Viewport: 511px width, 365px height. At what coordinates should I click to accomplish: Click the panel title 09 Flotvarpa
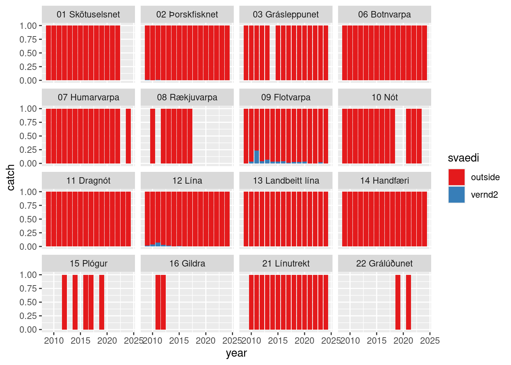[x=286, y=97]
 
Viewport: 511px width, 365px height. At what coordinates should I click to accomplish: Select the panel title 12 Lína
[x=187, y=181]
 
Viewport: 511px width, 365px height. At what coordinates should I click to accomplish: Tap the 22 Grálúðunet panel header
[x=384, y=263]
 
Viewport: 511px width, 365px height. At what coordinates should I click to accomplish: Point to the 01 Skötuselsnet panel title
[x=88, y=14]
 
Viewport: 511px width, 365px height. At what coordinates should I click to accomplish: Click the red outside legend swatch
[x=456, y=177]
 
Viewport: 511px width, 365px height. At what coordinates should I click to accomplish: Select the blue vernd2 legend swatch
[x=456, y=195]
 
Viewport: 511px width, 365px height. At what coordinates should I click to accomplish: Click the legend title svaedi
[x=463, y=158]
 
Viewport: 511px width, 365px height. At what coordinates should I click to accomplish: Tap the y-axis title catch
[x=11, y=178]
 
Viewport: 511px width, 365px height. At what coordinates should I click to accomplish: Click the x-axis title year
[x=236, y=353]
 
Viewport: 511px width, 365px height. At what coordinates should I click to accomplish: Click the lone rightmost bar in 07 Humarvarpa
[x=128, y=136]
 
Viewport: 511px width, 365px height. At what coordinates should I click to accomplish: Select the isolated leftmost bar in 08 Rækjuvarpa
[x=152, y=136]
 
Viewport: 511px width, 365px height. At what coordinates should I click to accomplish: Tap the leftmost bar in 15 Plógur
[x=64, y=302]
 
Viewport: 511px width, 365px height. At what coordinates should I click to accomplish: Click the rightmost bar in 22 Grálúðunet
[x=408, y=302]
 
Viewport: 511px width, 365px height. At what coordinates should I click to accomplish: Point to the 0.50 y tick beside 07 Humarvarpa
[x=28, y=136]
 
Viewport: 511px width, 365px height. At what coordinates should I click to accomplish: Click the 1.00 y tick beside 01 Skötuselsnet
[x=28, y=26]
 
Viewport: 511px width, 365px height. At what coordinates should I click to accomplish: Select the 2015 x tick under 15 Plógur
[x=80, y=340]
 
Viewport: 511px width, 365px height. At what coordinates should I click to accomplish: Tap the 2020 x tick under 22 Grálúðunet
[x=403, y=340]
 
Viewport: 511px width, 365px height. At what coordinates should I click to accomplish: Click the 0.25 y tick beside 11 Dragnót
[x=28, y=233]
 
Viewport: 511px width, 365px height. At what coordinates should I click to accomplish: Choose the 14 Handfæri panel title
[x=384, y=181]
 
